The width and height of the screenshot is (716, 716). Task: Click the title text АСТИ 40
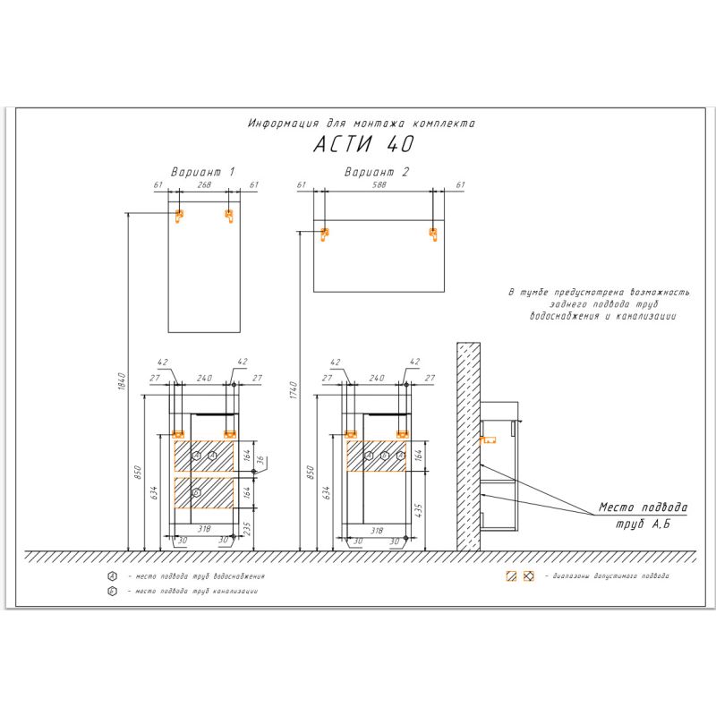[x=363, y=144]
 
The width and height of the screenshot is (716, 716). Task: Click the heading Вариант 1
[x=203, y=170]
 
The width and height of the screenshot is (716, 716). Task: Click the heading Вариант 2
[x=376, y=170]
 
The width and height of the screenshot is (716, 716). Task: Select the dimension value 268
[x=203, y=184]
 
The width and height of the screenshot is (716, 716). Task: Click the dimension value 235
[x=247, y=528]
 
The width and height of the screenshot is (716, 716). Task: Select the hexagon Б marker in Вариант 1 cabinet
[x=197, y=492]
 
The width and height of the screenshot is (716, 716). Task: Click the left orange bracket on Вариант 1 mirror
[x=178, y=215]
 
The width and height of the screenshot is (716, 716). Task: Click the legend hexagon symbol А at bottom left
[x=112, y=575]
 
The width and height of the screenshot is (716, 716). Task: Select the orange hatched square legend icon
[x=511, y=575]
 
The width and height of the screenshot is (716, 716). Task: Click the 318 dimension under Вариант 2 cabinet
[x=377, y=530]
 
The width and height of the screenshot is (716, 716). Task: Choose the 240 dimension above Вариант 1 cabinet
[x=204, y=379]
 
